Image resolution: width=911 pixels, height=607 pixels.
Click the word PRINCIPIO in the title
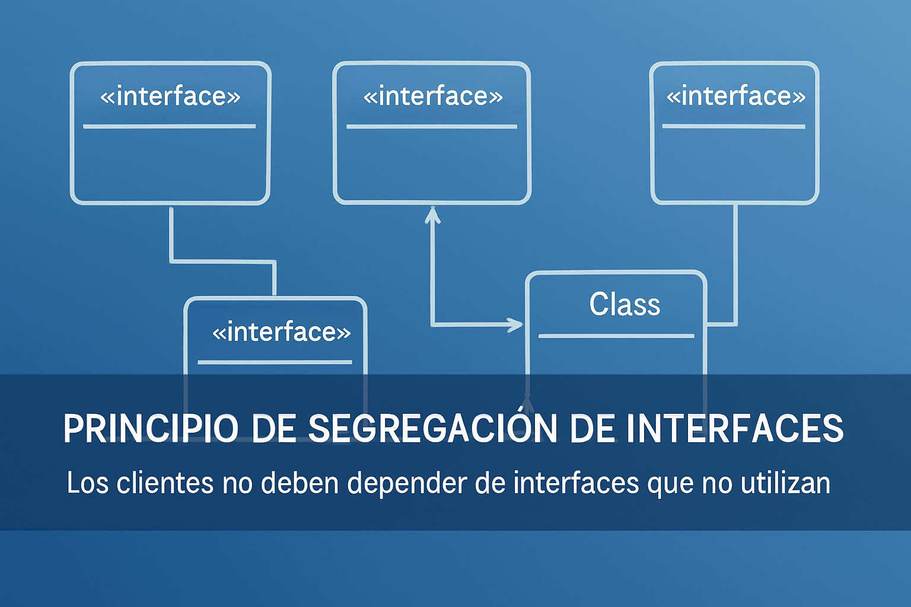(151, 429)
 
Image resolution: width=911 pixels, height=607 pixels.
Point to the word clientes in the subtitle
(165, 483)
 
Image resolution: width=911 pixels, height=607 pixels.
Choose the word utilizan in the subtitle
(785, 483)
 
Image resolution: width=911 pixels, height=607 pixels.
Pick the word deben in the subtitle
(300, 483)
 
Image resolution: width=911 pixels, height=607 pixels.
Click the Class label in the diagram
(625, 304)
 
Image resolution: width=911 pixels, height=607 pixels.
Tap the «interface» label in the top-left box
(170, 97)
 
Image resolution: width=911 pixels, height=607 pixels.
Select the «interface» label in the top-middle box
(433, 97)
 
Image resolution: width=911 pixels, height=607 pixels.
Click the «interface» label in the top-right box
(736, 97)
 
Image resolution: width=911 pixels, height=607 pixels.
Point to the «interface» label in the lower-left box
(282, 332)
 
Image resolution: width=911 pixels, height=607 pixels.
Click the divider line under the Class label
(616, 336)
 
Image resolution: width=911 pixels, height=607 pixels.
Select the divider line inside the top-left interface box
(170, 126)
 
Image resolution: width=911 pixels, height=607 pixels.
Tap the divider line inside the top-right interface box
(734, 126)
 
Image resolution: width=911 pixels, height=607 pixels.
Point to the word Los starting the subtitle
(88, 483)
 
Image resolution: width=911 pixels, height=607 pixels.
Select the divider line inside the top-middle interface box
(432, 127)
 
